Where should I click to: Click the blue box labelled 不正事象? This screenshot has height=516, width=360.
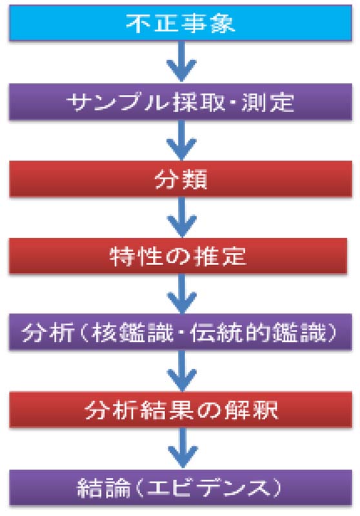[x=181, y=23]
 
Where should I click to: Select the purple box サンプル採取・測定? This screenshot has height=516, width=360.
[x=181, y=102]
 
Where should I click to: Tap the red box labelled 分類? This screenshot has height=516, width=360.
[x=181, y=179]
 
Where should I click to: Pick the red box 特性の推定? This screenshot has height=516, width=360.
[x=178, y=256]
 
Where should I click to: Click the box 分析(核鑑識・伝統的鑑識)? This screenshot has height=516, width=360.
[x=181, y=332]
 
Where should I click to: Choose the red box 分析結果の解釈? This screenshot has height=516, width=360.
[x=181, y=410]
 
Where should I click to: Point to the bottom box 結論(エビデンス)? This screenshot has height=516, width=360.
[x=181, y=488]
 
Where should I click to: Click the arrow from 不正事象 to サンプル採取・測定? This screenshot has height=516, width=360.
[x=182, y=61]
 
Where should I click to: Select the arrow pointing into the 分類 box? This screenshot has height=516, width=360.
[x=182, y=140]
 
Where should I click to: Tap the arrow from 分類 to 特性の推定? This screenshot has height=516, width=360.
[x=182, y=217]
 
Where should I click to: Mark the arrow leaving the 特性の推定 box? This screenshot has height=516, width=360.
[x=182, y=293]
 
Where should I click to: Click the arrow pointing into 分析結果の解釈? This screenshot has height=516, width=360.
[x=182, y=370]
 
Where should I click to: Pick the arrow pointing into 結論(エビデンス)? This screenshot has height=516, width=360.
[x=183, y=448]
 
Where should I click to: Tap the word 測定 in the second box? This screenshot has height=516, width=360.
[x=268, y=103]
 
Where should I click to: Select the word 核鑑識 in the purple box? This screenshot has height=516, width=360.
[x=132, y=332]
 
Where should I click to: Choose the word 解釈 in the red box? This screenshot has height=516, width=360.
[x=251, y=410]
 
